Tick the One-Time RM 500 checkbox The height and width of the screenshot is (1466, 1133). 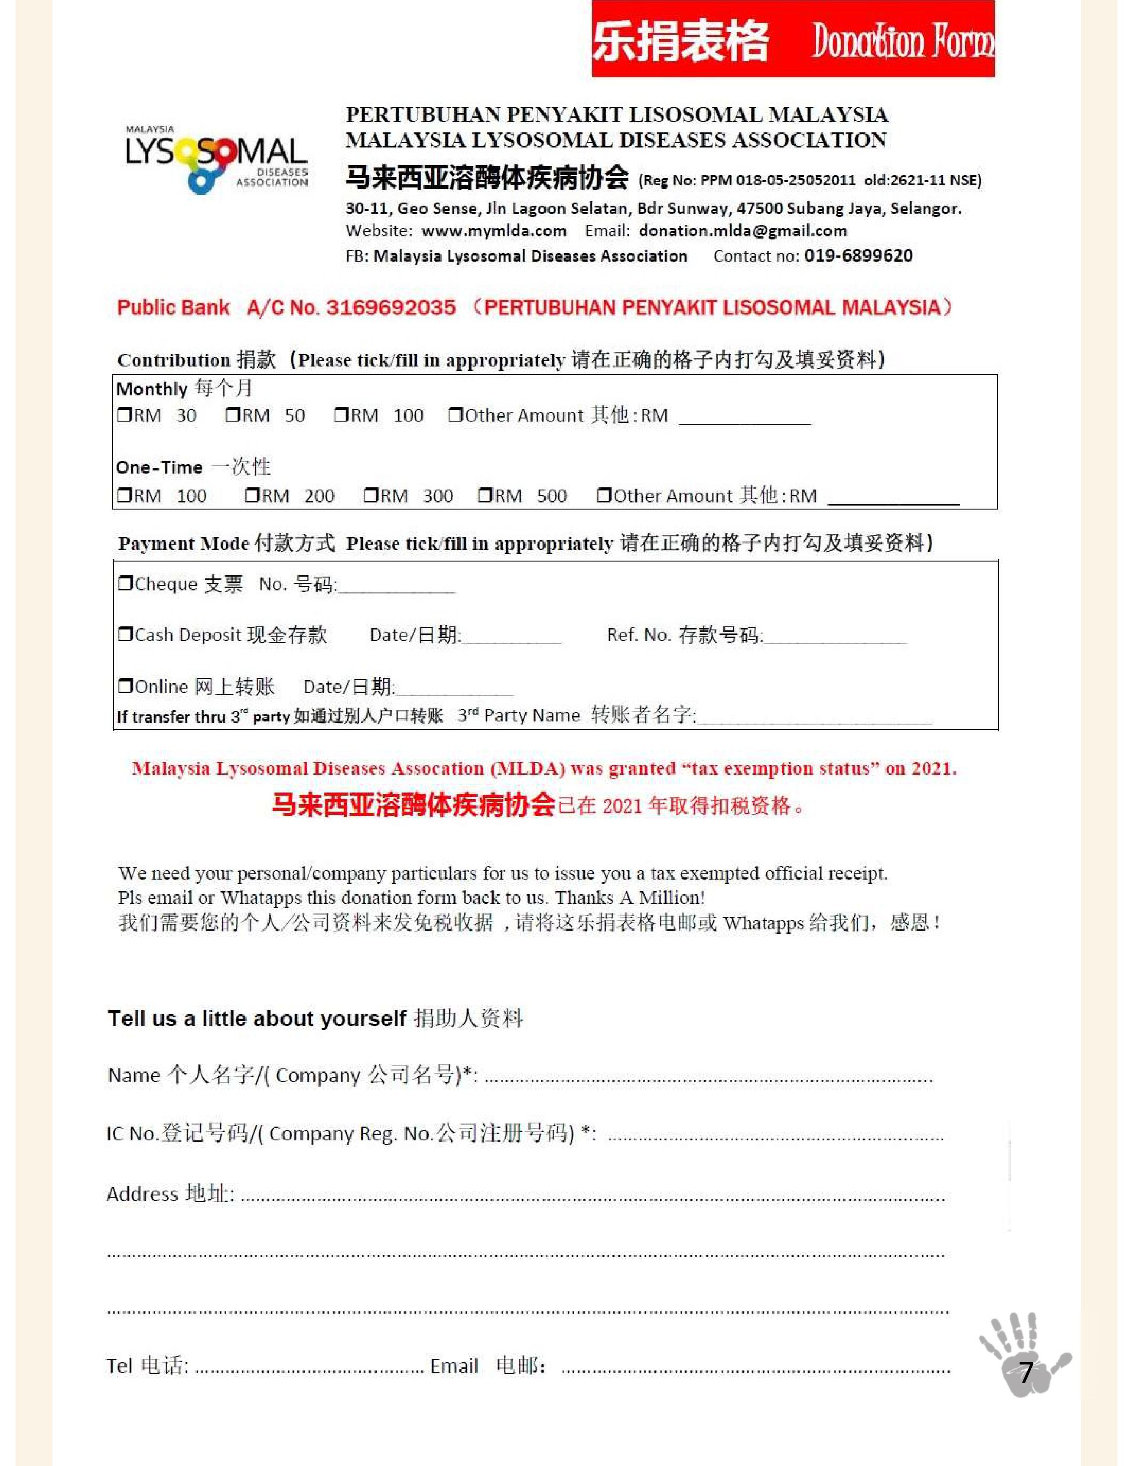pyautogui.click(x=485, y=495)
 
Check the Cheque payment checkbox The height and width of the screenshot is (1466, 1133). pyautogui.click(x=125, y=583)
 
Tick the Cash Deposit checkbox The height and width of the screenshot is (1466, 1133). pyautogui.click(x=125, y=633)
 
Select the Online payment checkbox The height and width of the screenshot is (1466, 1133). pyautogui.click(x=125, y=685)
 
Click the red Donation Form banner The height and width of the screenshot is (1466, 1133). pyautogui.click(x=792, y=39)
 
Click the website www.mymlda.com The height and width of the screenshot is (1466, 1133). pyautogui.click(x=494, y=231)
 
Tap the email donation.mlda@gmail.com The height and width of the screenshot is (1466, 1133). pyautogui.click(x=742, y=231)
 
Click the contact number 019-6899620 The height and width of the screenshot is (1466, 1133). pyautogui.click(x=858, y=256)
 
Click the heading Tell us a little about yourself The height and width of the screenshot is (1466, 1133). pyautogui.click(x=257, y=1018)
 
